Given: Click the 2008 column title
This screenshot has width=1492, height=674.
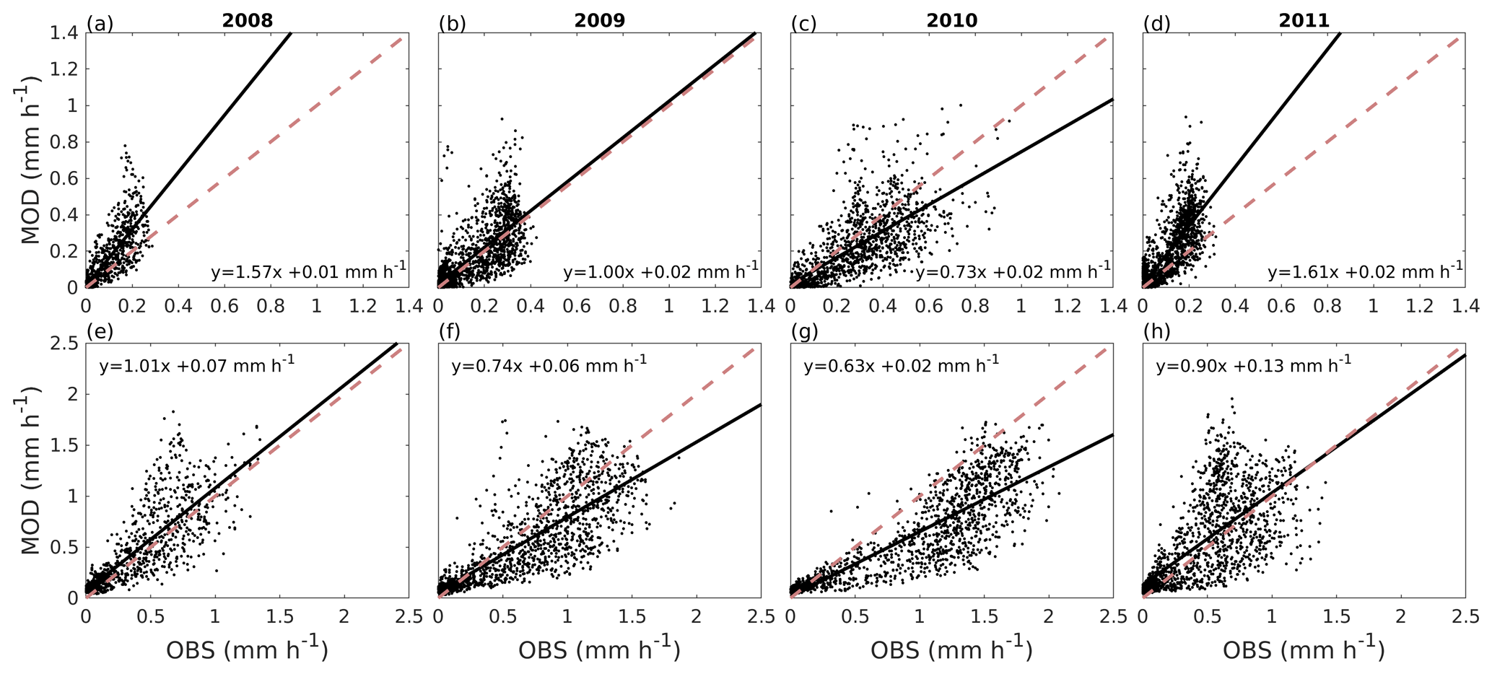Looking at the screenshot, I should (x=247, y=20).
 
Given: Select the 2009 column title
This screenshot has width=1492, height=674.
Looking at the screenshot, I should (x=599, y=20).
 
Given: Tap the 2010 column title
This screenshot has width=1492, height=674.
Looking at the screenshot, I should (x=951, y=20).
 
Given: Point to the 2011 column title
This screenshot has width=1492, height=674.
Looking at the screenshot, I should (x=1304, y=20).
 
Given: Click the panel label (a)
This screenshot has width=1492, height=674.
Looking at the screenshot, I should (x=100, y=24).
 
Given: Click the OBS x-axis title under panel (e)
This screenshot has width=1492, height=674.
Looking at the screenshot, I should (x=248, y=649).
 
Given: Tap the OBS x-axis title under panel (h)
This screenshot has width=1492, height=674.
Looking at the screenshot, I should (x=1304, y=649).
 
